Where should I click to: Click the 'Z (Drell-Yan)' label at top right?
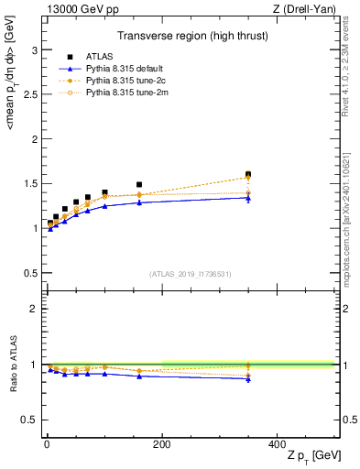[x=307, y=9]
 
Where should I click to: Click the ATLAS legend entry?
[x=99, y=57]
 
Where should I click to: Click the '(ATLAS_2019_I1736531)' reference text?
[x=190, y=273]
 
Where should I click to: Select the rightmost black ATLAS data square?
[x=247, y=174]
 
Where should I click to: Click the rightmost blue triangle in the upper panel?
[x=247, y=198]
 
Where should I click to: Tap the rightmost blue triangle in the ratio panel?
[x=247, y=378]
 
